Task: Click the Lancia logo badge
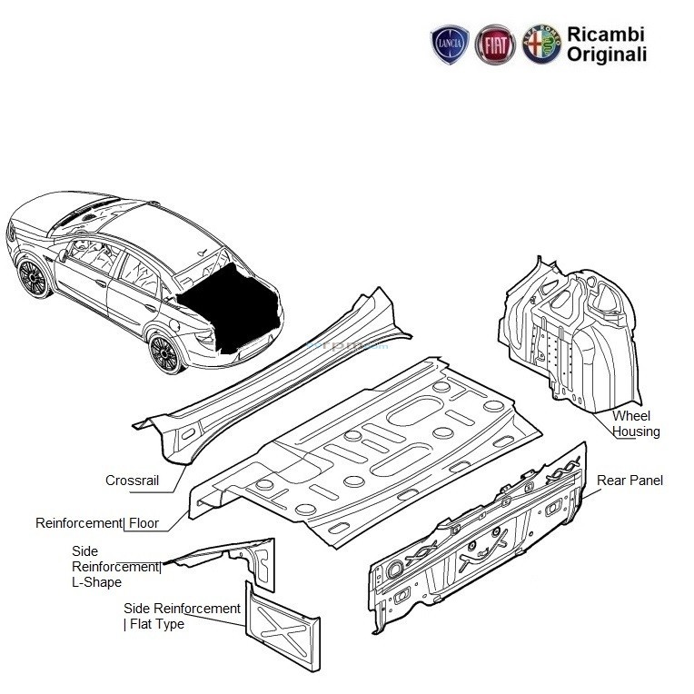point(450,44)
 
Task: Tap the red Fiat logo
point(495,44)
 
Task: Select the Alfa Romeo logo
point(541,44)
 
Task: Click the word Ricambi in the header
point(606,34)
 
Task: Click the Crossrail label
point(133,481)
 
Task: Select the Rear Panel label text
point(630,480)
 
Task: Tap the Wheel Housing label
point(635,423)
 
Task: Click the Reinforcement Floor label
point(97,523)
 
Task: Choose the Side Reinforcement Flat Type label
point(182,616)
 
